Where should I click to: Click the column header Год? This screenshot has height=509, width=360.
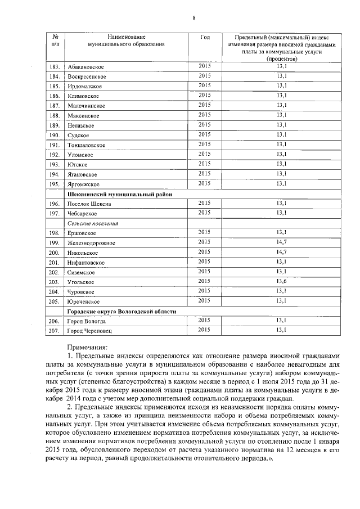pos(205,37)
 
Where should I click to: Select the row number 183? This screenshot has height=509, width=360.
pos(55,67)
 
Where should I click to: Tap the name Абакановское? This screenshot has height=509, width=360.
pos(85,67)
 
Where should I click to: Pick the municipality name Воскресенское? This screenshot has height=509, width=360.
pos(87,77)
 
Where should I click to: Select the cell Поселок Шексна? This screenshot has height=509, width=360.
pos(89,204)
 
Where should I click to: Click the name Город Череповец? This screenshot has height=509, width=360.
pos(89,331)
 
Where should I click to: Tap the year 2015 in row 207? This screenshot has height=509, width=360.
pos(205,330)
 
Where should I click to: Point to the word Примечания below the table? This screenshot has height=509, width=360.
pos(87,347)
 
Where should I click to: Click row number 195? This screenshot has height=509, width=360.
pos(55,184)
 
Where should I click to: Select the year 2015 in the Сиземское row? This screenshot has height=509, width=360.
pos(205,271)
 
